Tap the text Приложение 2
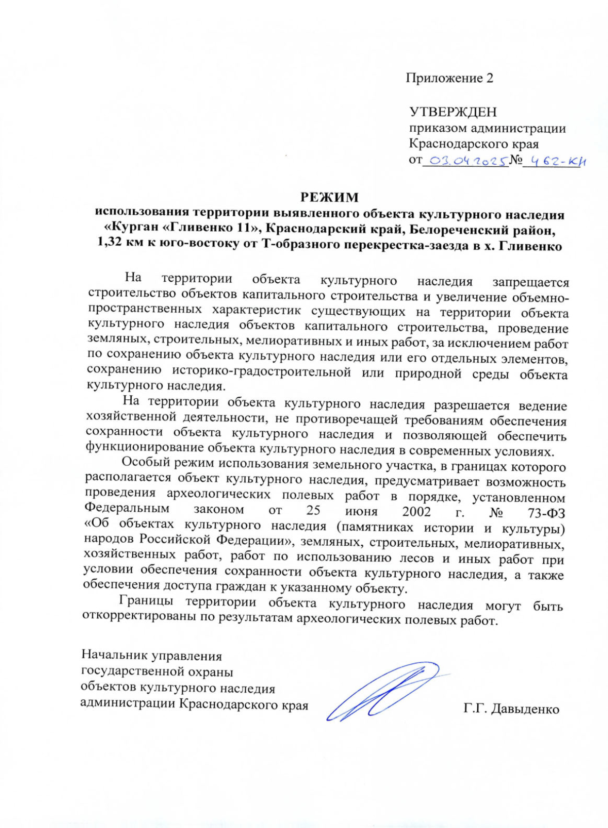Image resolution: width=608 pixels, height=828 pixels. (x=449, y=78)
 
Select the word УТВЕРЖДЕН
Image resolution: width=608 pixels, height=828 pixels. (x=452, y=111)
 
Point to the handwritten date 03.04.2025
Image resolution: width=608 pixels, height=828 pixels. (x=466, y=161)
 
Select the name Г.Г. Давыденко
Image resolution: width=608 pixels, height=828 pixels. (x=511, y=708)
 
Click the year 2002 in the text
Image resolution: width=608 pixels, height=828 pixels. (x=416, y=511)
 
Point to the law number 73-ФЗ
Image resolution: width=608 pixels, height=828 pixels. (x=546, y=512)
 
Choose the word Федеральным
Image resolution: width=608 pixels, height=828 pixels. (x=127, y=508)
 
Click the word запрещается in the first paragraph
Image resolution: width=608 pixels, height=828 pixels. (x=530, y=282)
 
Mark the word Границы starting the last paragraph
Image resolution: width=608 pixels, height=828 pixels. (x=146, y=601)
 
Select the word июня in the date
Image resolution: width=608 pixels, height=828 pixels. (x=361, y=511)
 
